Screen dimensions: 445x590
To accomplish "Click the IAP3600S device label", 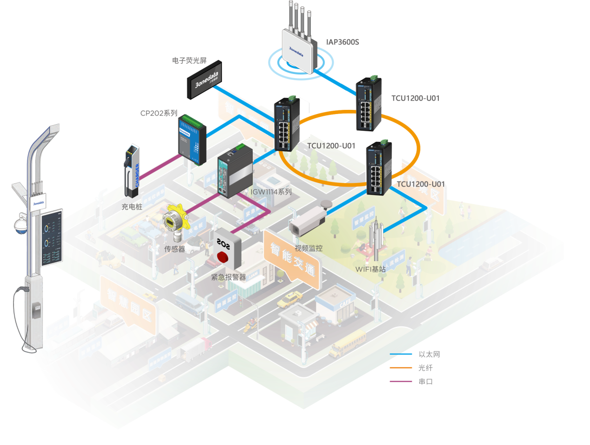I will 342,42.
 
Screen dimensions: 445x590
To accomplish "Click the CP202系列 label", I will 159,113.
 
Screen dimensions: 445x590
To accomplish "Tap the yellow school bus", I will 348,344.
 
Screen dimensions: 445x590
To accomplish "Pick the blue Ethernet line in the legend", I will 401,354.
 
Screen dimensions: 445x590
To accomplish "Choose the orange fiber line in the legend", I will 401,368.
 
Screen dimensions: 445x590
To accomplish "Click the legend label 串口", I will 425,382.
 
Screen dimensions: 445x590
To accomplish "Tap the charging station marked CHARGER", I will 132,169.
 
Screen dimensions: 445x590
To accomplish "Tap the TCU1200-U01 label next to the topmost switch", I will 415,98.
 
